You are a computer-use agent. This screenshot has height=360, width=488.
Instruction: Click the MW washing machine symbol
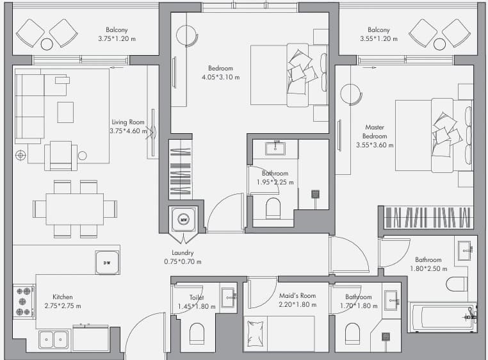point(184,220)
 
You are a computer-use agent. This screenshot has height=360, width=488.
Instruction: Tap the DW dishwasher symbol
point(107,263)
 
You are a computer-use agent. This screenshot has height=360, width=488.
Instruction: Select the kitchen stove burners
point(24,302)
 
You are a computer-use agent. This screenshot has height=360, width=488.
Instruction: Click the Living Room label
point(128,122)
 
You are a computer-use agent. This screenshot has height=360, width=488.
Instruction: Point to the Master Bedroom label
point(375,132)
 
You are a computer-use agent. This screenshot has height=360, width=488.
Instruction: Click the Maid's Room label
point(297,295)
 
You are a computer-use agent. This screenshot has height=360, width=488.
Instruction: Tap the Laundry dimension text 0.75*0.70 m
point(183,261)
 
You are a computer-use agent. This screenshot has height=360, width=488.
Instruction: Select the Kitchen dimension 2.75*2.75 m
point(63,306)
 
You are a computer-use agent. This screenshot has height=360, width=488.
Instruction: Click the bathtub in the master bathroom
point(442,317)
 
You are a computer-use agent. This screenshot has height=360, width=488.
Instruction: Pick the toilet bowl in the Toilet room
point(197,333)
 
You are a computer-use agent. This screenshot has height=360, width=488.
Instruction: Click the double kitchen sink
point(54,340)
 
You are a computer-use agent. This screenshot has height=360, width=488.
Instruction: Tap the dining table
point(75,209)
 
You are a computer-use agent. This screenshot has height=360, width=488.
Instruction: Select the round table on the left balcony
point(47,44)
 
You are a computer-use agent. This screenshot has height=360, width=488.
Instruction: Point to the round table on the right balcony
point(439,44)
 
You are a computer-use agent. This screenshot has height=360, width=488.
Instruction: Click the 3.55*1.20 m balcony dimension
point(378,38)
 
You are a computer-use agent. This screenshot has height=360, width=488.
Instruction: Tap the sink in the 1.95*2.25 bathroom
point(275,148)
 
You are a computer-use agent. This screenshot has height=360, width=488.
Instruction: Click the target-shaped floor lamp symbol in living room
point(20,155)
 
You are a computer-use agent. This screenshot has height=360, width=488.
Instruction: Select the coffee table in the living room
point(65,112)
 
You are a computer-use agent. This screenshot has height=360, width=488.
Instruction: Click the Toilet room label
point(197,297)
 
